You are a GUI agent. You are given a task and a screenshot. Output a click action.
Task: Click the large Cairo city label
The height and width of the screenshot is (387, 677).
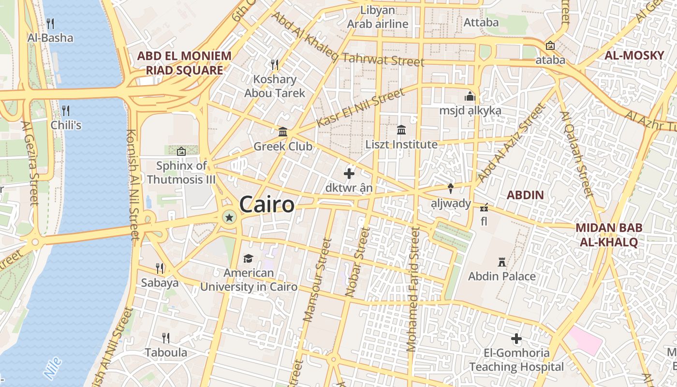pyautogui.click(x=266, y=204)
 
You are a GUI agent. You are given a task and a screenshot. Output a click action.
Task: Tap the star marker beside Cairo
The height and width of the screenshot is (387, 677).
pyautogui.click(x=229, y=218)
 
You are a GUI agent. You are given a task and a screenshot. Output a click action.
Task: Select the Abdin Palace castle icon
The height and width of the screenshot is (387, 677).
pyautogui.click(x=502, y=262)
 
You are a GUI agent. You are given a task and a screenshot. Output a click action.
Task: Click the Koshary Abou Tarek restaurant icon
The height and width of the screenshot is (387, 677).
pyautogui.click(x=275, y=64)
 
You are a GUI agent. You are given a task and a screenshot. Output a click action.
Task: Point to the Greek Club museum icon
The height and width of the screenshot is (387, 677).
pyautogui.click(x=283, y=132)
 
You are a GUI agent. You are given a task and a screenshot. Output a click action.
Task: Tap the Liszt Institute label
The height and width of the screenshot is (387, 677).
pyautogui.click(x=401, y=144)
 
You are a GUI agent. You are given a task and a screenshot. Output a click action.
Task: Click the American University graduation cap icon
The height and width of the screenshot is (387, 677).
pyautogui.click(x=248, y=258)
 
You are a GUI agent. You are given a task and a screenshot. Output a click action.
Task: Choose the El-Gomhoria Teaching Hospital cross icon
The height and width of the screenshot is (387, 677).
pyautogui.click(x=516, y=339)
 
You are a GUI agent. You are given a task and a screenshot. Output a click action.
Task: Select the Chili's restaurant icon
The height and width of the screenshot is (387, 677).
pyautogui.click(x=66, y=110)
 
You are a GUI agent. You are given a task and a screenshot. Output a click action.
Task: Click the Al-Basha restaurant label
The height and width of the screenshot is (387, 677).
pyautogui.click(x=50, y=38)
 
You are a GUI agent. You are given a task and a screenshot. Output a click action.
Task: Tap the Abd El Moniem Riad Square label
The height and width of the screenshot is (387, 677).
pyautogui.click(x=184, y=63)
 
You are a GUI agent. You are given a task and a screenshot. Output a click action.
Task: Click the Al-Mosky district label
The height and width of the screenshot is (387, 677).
pyautogui.click(x=634, y=56)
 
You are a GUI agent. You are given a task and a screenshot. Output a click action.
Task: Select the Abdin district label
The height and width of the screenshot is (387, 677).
pyautogui.click(x=525, y=195)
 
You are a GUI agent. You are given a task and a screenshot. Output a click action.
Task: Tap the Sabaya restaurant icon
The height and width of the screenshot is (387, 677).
pyautogui.click(x=160, y=268)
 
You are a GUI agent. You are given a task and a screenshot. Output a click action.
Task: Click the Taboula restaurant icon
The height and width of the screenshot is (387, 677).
pyautogui.click(x=166, y=338)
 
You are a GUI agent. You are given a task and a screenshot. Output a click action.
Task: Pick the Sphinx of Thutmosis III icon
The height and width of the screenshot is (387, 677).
pyautogui.click(x=181, y=151)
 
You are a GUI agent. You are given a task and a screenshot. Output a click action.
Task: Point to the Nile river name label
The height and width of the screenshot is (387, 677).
pyautogui.click(x=52, y=368)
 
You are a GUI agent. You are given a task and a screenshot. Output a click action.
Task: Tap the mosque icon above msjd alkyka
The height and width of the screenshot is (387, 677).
pyautogui.click(x=470, y=96)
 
